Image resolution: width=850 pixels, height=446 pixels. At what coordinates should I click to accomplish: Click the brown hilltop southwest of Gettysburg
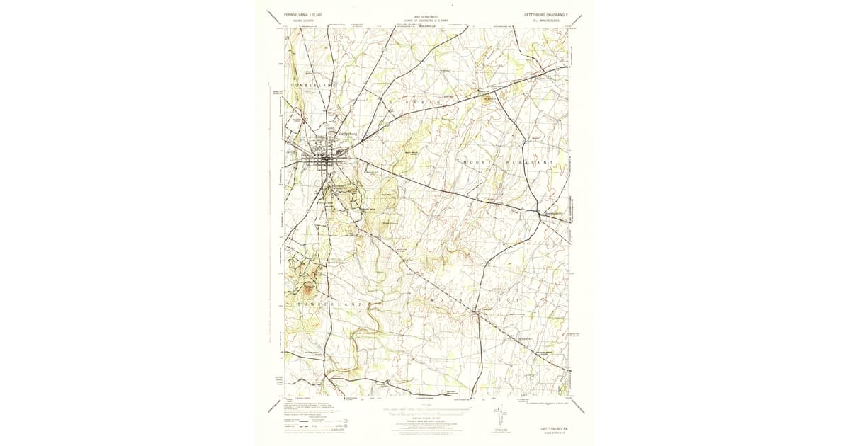[x=309, y=288]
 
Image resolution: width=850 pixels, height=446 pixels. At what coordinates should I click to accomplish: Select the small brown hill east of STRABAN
[x=488, y=99]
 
